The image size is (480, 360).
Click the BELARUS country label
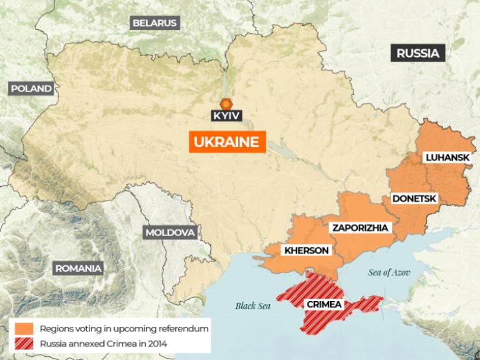pos(154,23)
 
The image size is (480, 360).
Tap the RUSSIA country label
pos(418,53)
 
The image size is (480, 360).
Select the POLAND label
pos(30,89)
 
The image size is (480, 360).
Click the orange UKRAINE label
pos(224,142)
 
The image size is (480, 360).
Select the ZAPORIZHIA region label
pos(359,228)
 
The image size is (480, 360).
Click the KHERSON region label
pos(306,250)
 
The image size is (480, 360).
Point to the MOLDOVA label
pos(170,232)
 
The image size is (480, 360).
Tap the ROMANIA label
pos(78,268)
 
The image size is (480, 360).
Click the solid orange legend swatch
pos(23,329)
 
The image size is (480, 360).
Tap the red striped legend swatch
pos(23,344)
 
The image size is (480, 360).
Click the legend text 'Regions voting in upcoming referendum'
pos(124,329)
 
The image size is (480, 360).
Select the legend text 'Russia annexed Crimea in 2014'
pos(103,344)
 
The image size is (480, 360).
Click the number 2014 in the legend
pos(156,344)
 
